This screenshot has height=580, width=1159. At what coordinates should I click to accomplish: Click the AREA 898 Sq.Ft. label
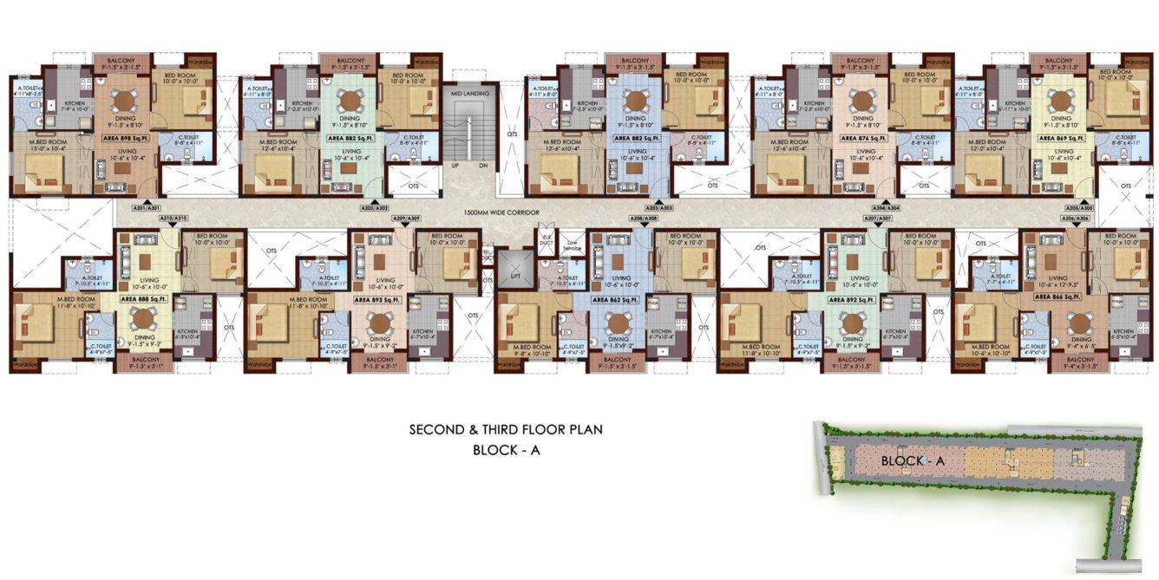tap(118, 138)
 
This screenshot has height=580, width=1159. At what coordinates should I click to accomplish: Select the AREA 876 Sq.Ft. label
tap(862, 138)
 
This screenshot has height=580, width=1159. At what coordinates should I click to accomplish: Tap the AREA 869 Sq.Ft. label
tap(1061, 138)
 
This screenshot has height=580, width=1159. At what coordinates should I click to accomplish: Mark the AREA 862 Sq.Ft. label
tap(617, 299)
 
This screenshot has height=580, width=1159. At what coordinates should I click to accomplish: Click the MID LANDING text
tap(468, 94)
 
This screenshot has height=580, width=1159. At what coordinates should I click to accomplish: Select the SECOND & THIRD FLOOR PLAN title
tap(506, 429)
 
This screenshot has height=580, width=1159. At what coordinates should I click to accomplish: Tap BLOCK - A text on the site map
tap(912, 461)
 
